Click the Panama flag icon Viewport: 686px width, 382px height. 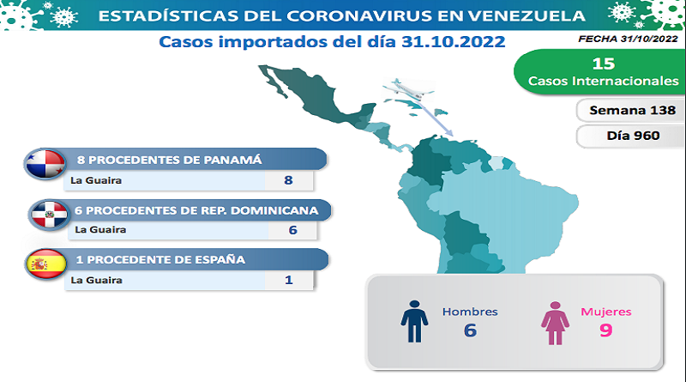[x=45, y=164]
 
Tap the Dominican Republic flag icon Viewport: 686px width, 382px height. [x=49, y=215]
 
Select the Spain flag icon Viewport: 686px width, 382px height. [x=46, y=264]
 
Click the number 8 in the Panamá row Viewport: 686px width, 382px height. [x=288, y=180]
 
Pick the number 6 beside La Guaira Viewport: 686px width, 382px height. [x=292, y=230]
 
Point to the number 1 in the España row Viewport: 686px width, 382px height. [x=289, y=280]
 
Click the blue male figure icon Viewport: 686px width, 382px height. [x=414, y=321]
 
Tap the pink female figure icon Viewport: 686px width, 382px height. [x=555, y=323]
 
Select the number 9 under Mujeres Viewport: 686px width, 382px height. [x=606, y=330]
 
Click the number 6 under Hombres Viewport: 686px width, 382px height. [x=470, y=330]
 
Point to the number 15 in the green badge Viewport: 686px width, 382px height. [x=604, y=64]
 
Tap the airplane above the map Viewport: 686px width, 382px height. [x=408, y=89]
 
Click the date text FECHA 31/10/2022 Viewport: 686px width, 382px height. [x=628, y=39]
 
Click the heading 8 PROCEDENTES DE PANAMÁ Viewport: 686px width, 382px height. [x=170, y=160]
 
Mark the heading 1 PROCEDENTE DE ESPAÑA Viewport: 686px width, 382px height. [x=160, y=260]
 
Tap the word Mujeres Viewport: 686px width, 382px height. [x=606, y=312]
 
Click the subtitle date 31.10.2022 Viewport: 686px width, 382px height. [x=454, y=42]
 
